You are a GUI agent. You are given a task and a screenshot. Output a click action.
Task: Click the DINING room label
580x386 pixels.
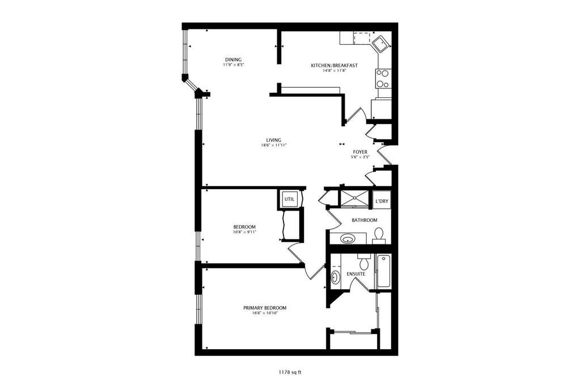click(x=234, y=59)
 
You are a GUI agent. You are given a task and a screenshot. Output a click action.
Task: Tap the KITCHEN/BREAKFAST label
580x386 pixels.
click(x=334, y=66)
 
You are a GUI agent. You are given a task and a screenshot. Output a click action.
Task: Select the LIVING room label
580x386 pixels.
click(x=274, y=140)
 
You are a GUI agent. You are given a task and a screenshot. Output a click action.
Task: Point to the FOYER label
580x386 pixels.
click(x=360, y=152)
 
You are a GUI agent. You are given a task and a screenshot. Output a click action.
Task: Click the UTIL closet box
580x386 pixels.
click(x=289, y=199)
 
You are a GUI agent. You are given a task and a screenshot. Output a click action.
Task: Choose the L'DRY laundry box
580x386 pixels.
click(x=382, y=201)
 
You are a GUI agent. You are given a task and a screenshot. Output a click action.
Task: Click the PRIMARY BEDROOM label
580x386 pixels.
click(x=265, y=308)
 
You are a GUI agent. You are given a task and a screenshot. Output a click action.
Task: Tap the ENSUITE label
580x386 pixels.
click(x=356, y=274)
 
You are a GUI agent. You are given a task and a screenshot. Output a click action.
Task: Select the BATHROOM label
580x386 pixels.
click(x=365, y=220)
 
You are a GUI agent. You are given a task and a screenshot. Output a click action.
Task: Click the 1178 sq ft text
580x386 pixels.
click(x=290, y=372)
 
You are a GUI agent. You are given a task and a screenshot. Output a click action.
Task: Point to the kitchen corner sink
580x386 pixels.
click(x=380, y=44)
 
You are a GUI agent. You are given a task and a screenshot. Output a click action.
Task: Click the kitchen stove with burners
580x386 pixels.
click(x=384, y=78)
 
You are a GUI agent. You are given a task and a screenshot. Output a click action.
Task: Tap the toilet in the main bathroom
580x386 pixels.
click(x=378, y=235)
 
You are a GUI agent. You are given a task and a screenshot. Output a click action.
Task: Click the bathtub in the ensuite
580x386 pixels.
click(x=383, y=272)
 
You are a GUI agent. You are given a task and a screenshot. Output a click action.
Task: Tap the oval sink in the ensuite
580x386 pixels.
click(x=335, y=277)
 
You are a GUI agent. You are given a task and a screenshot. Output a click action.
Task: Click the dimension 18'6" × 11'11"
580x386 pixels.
click(x=274, y=145)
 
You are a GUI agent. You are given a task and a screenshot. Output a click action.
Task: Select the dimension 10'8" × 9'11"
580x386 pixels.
click(x=244, y=232)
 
